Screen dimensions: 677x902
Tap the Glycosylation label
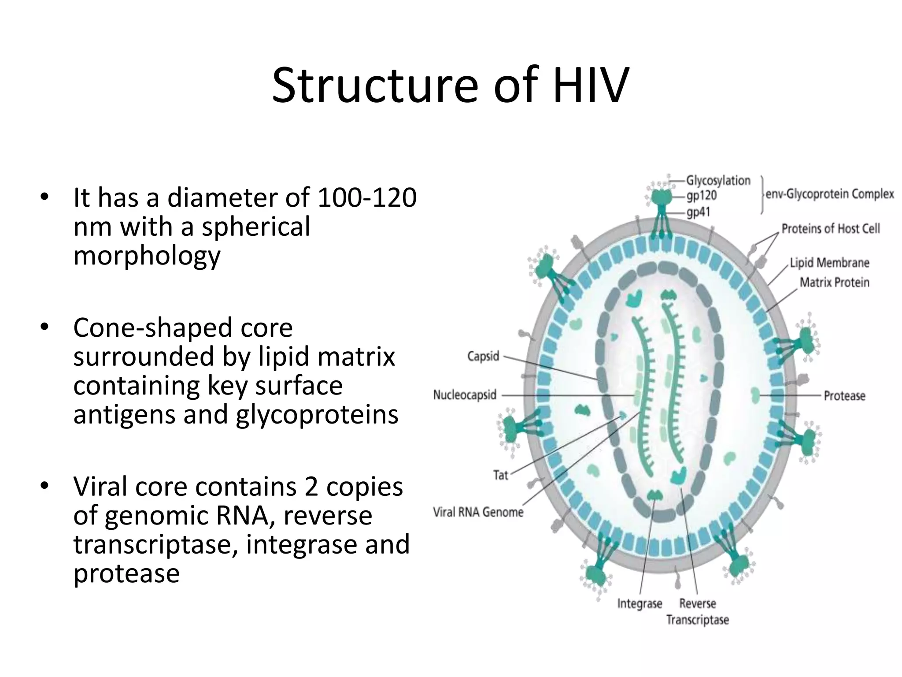pyautogui.click(x=718, y=181)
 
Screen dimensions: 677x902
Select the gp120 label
pyautogui.click(x=702, y=195)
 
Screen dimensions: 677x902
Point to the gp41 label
pyautogui.click(x=699, y=212)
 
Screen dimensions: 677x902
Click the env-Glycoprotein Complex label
pyautogui.click(x=830, y=194)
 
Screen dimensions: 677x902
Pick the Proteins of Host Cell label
pyautogui.click(x=831, y=229)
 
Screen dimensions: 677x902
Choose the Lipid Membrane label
pyautogui.click(x=829, y=263)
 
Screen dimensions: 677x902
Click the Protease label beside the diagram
pyautogui.click(x=844, y=396)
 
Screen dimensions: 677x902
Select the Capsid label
pyautogui.click(x=483, y=356)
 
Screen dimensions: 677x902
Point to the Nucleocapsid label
pyautogui.click(x=465, y=395)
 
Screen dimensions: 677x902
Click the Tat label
pyautogui.click(x=501, y=475)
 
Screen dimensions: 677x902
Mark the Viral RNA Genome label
pyautogui.click(x=478, y=512)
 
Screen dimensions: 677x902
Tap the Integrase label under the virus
pyautogui.click(x=640, y=603)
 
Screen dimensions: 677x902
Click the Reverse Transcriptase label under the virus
pyautogui.click(x=698, y=611)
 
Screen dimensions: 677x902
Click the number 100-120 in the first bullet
pyautogui.click(x=366, y=198)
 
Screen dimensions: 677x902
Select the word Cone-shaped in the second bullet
pyautogui.click(x=183, y=328)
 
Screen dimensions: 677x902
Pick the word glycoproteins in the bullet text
pyautogui.click(x=317, y=415)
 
